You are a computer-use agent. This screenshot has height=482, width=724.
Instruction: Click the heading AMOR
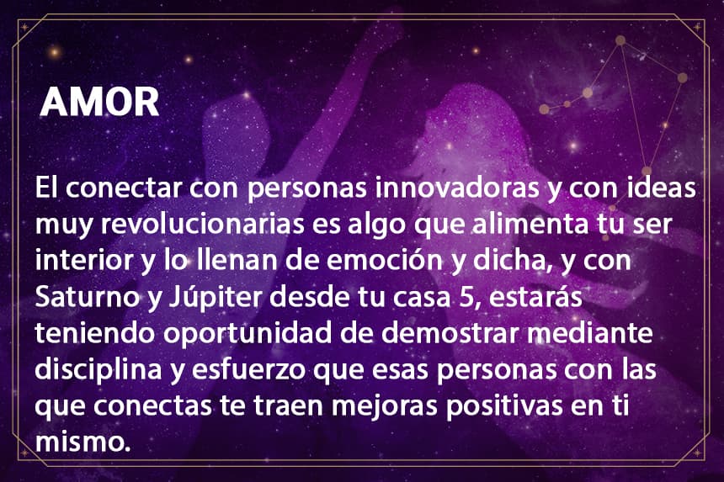coord(99,102)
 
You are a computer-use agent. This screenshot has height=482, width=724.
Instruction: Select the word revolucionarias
coord(202,224)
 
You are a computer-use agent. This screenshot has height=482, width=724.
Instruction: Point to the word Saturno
coord(87,297)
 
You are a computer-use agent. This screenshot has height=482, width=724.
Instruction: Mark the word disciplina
coord(98,370)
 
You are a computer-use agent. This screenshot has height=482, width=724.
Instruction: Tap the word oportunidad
coord(248,334)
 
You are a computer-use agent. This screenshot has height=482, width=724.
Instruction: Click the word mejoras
coord(384,406)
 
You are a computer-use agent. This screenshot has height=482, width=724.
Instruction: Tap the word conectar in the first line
coord(123,188)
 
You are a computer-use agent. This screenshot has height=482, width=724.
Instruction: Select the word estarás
coord(535,297)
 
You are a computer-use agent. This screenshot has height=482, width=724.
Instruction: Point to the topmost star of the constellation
coord(620,40)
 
